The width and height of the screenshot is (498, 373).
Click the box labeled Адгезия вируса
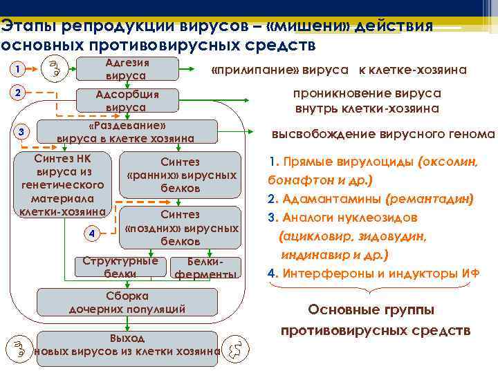(x=126, y=69)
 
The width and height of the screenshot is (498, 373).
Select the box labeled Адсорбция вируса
(x=126, y=101)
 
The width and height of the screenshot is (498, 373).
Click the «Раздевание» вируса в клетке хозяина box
(x=126, y=133)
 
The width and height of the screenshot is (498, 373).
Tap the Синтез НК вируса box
(x=63, y=184)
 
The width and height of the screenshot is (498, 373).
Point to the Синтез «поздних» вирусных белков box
(x=180, y=228)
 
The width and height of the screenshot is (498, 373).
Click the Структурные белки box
(x=119, y=267)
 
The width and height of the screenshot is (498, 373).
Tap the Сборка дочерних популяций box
(x=127, y=303)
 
